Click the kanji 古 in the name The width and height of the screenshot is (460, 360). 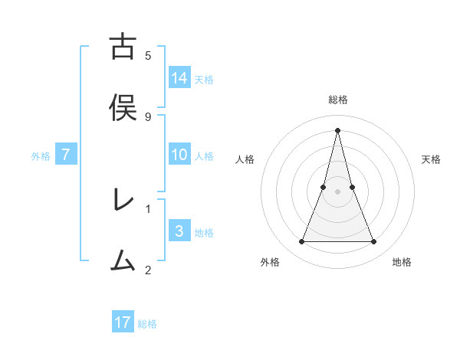coord(123,47)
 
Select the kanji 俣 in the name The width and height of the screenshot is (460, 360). coord(123,106)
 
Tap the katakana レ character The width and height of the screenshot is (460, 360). coord(123,200)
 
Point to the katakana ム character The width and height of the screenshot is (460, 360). coord(123,260)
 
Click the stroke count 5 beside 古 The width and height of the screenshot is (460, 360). coord(148,56)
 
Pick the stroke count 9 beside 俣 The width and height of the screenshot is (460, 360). coord(148,116)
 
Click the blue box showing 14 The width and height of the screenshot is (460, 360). coord(179,77)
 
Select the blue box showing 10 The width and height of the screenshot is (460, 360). coord(179,154)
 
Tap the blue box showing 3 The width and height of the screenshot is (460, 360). coord(179,231)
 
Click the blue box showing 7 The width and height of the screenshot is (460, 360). coord(66,154)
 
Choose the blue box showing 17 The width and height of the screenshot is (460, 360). coord(123,322)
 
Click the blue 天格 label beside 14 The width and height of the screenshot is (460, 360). coord(204,79)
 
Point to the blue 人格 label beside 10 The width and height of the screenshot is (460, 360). coord(204,155)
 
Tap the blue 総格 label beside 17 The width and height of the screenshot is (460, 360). coord(147,324)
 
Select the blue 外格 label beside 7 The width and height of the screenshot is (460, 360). coord(41,155)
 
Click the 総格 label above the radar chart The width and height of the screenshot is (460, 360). coord(337,100)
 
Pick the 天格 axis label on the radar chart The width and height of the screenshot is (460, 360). coord(431,159)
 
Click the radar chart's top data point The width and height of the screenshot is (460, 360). coord(337,129)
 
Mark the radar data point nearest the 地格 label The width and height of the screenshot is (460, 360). coord(374,242)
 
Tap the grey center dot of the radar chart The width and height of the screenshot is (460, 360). coord(337,191)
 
